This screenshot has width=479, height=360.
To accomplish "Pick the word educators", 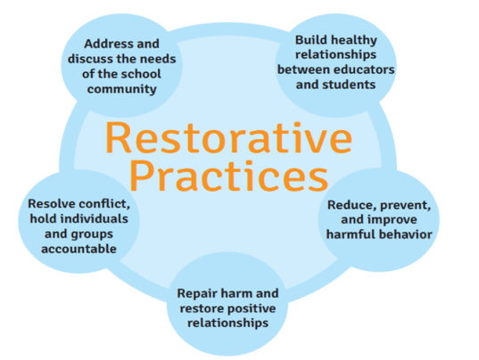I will (x=367, y=69).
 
